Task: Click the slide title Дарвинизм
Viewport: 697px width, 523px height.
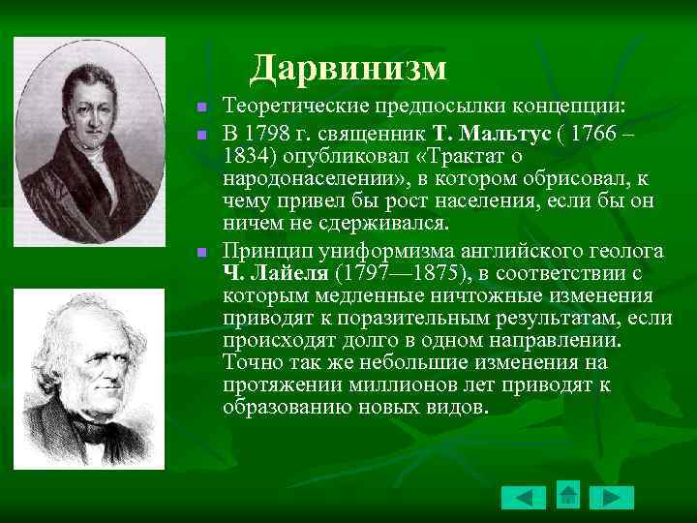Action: (348, 68)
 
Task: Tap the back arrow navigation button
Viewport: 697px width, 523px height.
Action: (523, 498)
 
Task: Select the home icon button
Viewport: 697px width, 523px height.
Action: (568, 496)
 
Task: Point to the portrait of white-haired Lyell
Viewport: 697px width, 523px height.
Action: (88, 379)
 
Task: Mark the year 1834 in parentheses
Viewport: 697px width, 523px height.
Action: (244, 156)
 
